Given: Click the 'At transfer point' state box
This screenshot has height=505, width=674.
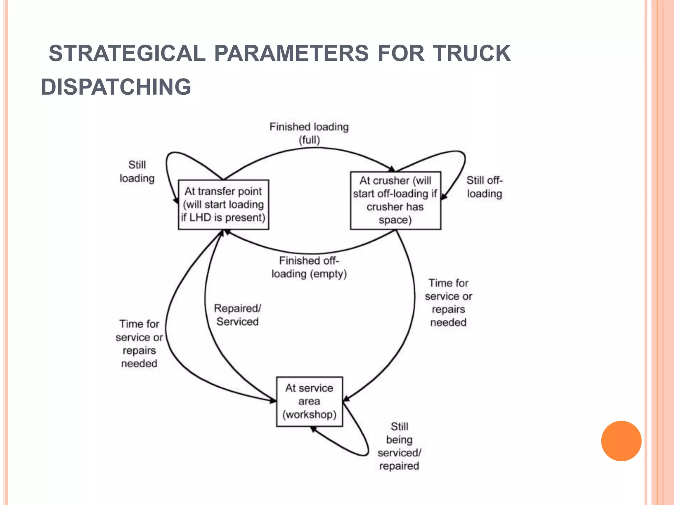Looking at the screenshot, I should click(x=223, y=204).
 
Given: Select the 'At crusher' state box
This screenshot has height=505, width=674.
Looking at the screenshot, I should click(x=395, y=200).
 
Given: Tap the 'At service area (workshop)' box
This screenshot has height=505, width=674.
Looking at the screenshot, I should click(x=309, y=401).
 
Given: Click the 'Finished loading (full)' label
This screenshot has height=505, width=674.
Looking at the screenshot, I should click(x=309, y=133).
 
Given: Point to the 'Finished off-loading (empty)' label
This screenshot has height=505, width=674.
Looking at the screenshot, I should click(x=309, y=267).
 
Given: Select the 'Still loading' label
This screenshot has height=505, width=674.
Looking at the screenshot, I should click(x=137, y=172).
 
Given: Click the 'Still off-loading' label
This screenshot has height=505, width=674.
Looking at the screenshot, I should click(x=484, y=187).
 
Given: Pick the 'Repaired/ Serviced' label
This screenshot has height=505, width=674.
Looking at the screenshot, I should click(x=237, y=315).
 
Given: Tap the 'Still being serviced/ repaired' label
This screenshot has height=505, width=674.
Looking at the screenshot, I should click(x=399, y=446).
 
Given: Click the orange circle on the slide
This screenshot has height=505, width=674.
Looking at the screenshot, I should click(x=621, y=441).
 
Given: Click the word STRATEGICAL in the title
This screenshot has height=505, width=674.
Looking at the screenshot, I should click(x=127, y=53).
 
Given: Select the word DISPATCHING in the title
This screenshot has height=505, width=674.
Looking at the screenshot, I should click(x=116, y=87).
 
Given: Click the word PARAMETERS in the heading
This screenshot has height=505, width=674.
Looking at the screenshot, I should click(x=291, y=53).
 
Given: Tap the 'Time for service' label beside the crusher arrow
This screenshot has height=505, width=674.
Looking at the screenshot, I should click(x=448, y=302).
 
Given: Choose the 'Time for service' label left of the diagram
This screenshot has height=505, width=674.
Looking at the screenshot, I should click(x=139, y=344).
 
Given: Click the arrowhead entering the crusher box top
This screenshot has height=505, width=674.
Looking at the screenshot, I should click(x=392, y=169).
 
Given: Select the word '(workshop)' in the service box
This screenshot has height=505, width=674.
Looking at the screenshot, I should click(x=309, y=414).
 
